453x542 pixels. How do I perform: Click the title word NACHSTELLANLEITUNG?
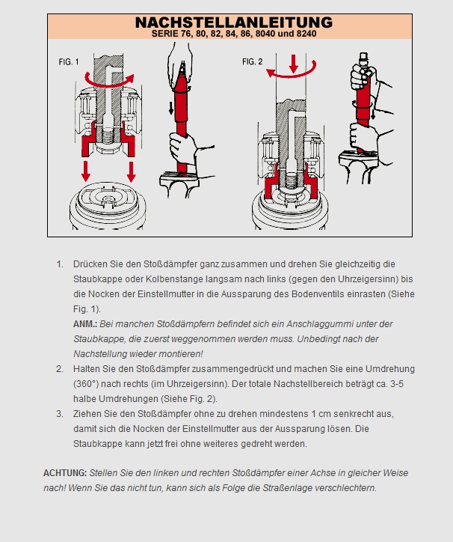click(234, 22)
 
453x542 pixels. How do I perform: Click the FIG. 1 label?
click(69, 62)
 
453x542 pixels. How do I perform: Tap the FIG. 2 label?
click(253, 61)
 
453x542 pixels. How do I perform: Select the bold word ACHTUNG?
click(65, 473)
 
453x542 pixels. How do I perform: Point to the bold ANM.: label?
click(85, 324)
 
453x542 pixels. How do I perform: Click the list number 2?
click(60, 369)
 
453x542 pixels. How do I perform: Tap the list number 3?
click(60, 414)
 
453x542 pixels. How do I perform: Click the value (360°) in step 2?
click(86, 384)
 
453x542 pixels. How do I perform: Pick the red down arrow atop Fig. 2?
click(294, 63)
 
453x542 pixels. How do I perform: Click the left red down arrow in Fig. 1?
click(86, 171)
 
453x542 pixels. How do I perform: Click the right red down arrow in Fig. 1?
click(132, 171)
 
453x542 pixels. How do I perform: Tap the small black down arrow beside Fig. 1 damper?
click(171, 108)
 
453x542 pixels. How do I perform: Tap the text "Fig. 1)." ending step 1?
click(87, 309)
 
